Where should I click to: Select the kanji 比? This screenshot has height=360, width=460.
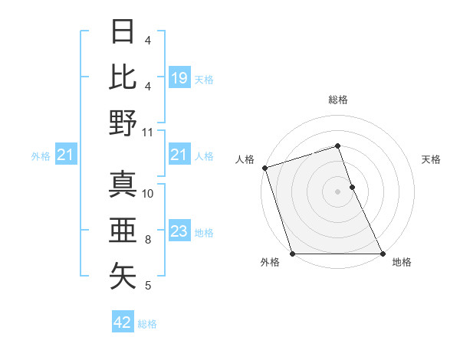(x=123, y=76)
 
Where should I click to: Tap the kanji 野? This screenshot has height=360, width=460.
(x=123, y=123)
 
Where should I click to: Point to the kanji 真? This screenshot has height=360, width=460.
(x=123, y=185)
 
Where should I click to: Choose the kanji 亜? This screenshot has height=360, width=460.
(x=123, y=231)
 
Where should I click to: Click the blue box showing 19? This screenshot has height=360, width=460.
(x=179, y=77)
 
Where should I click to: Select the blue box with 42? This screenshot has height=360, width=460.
(x=123, y=322)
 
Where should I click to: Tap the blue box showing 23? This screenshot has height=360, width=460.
(x=179, y=231)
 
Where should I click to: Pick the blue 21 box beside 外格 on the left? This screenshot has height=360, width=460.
(x=66, y=155)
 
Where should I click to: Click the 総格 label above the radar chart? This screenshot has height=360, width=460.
(x=338, y=100)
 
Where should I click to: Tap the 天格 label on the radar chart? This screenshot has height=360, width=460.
(x=432, y=159)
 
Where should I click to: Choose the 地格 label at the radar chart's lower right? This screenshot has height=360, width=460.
(x=402, y=262)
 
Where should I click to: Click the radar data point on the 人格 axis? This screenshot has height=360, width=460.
(x=264, y=168)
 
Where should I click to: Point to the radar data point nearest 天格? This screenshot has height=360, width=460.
(x=352, y=187)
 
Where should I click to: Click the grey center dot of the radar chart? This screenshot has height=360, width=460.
(x=338, y=191)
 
